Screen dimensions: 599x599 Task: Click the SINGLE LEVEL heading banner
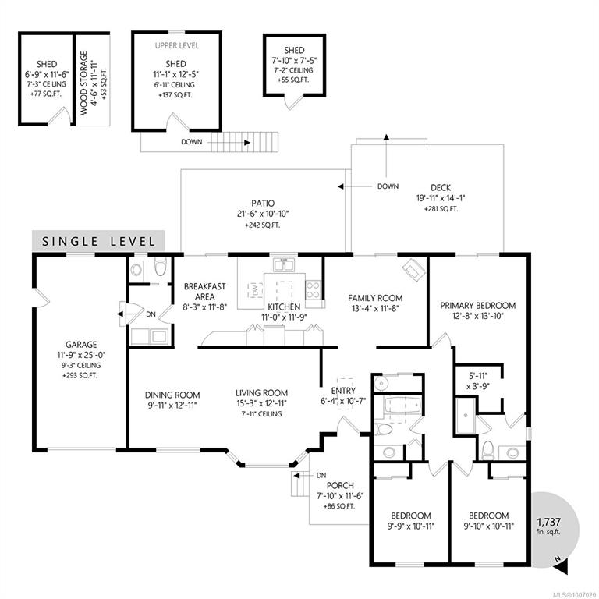[98, 241]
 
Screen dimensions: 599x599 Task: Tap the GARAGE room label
[81, 345]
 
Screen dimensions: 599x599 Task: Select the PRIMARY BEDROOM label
[477, 306]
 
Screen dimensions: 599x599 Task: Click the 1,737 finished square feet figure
[548, 522]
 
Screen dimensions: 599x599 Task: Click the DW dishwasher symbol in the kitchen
[255, 290]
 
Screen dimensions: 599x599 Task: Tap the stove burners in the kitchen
[313, 289]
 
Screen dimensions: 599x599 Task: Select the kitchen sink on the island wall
[283, 264]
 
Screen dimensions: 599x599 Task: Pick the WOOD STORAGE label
[84, 83]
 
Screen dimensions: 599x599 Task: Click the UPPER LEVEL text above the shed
[177, 45]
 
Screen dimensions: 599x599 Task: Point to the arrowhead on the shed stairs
[247, 143]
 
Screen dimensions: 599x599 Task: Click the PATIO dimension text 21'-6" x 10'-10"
[263, 214]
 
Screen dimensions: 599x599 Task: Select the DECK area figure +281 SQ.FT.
[441, 209]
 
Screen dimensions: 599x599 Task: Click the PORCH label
[340, 486]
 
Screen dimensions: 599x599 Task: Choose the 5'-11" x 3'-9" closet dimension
[478, 381]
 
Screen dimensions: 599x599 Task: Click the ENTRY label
[343, 391]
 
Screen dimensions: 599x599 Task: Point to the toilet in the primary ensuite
[487, 450]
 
